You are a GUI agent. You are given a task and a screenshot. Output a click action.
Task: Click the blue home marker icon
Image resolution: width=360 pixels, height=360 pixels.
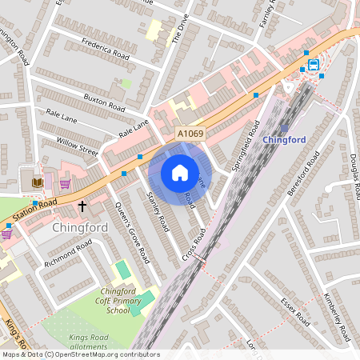180,173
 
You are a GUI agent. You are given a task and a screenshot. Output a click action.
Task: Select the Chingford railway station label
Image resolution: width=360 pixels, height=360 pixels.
284,139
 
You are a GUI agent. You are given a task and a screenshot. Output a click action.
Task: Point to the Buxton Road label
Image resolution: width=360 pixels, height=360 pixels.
104,102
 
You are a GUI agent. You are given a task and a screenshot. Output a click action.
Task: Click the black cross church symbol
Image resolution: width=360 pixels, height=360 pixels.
82,206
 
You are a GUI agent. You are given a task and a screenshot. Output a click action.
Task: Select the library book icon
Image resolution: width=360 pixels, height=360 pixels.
37,183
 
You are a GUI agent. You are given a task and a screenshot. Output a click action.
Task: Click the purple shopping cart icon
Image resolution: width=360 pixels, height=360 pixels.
65,183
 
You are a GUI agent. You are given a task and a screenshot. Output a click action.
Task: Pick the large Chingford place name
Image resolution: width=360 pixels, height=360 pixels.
79,229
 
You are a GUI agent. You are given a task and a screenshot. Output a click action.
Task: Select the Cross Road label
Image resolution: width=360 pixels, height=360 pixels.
194,243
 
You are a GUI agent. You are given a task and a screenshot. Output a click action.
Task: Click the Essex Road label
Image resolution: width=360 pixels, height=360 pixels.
294,312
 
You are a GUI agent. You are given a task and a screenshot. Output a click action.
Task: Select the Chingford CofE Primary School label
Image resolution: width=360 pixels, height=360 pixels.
118,300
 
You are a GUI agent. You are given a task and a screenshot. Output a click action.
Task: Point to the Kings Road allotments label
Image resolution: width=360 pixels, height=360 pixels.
88,342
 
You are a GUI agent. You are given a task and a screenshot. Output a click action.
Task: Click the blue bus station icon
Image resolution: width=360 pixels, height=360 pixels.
313,64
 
